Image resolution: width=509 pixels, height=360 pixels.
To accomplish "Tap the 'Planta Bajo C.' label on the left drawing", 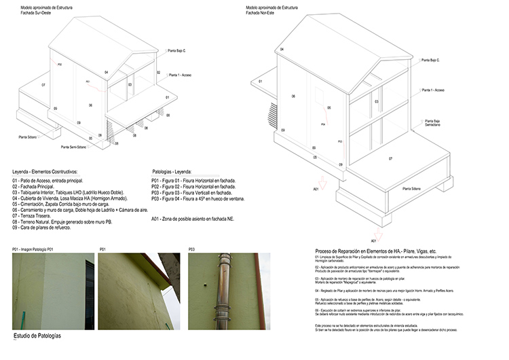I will click(x=176, y=50).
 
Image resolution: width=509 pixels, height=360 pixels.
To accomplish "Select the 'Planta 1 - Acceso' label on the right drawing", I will click(x=432, y=90).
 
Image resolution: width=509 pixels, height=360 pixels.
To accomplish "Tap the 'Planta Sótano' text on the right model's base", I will click(x=411, y=189).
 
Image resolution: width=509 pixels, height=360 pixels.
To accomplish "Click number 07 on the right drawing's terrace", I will click(x=390, y=158).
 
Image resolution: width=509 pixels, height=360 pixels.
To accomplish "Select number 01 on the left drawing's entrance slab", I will click(x=167, y=98).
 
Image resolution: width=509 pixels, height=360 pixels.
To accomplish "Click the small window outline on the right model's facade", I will click(x=318, y=95).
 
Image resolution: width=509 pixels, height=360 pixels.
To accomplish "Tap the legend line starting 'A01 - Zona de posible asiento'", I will click(x=197, y=219).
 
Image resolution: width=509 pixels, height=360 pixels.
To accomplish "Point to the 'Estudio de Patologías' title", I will click(x=37, y=336).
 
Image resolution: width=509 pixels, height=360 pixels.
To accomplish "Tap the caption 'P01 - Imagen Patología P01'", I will click(x=33, y=250).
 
